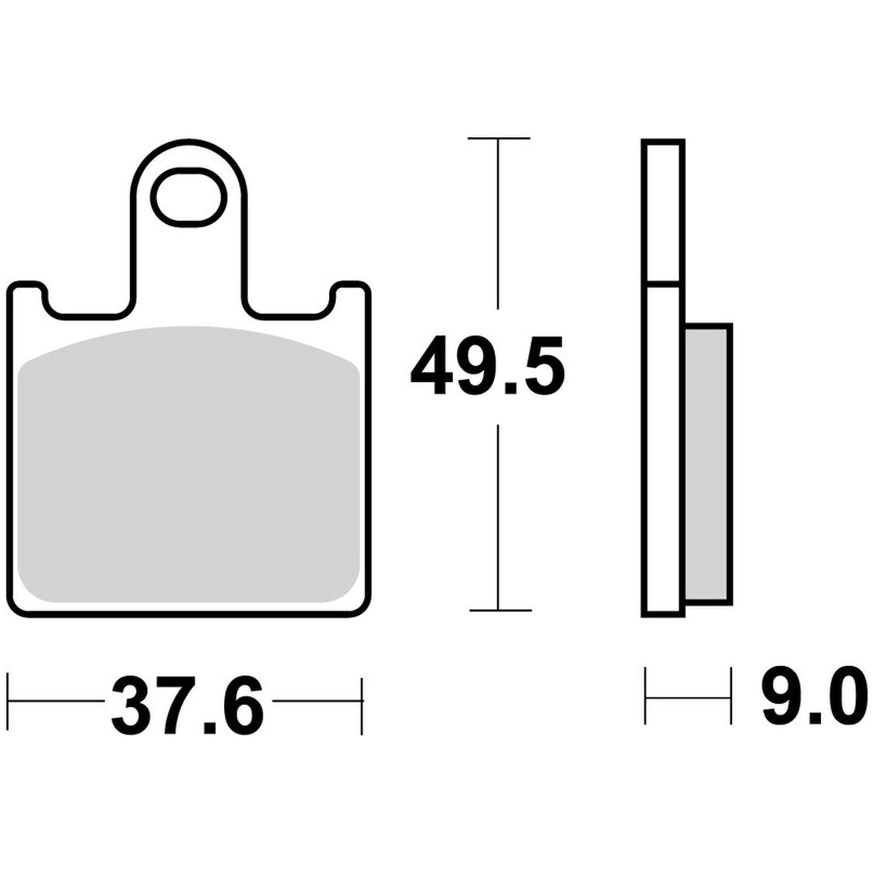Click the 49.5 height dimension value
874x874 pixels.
coord(487,366)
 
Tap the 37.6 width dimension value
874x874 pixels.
coord(188,704)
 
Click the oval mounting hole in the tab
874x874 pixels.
coord(188,196)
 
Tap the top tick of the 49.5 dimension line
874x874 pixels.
coord(499,138)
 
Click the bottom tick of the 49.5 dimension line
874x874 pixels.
coord(500,610)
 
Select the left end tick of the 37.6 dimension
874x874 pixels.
coord(9,703)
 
